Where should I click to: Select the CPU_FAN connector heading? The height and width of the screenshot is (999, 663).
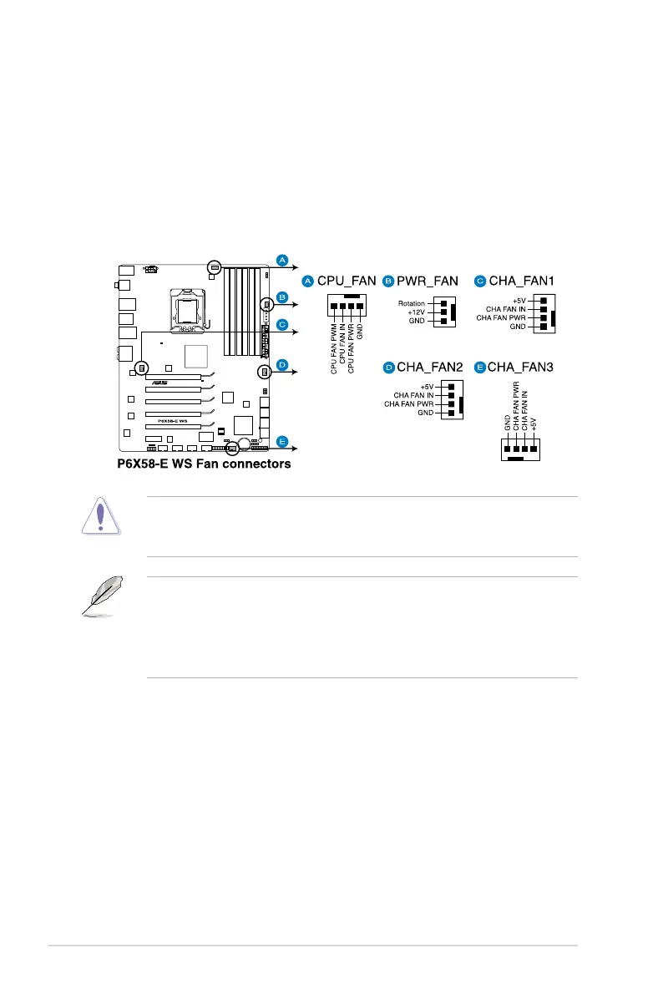click(x=345, y=280)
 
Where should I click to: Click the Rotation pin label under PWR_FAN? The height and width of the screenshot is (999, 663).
click(x=412, y=303)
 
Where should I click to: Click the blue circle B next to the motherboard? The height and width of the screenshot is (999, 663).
click(x=282, y=297)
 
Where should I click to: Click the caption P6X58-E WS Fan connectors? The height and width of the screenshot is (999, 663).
click(x=204, y=464)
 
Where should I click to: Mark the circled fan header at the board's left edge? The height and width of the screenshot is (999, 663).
click(x=141, y=368)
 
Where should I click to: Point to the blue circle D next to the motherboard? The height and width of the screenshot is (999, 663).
click(x=282, y=365)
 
